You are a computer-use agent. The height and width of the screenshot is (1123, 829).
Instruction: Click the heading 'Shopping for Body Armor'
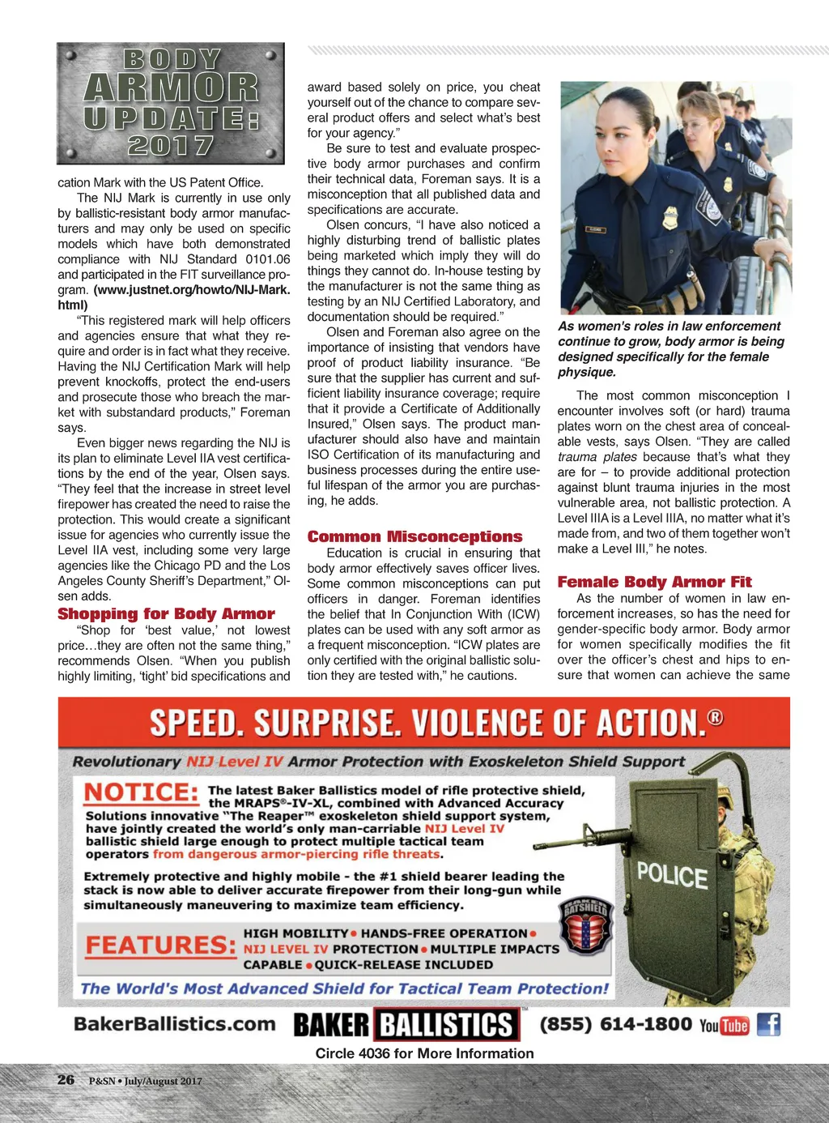point(166,614)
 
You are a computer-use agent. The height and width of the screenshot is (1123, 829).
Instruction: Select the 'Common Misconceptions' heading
point(414,536)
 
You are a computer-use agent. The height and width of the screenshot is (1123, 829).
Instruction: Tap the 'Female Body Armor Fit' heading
point(654,582)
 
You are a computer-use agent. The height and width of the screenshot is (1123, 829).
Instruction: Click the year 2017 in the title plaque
point(171,146)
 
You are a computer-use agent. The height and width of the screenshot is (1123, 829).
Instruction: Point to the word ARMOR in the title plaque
point(171,88)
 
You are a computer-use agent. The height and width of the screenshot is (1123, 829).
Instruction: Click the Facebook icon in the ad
point(768,1024)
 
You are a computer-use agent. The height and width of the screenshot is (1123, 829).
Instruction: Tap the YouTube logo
point(725,1026)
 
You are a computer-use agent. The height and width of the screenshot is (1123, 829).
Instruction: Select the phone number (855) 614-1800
point(615,1024)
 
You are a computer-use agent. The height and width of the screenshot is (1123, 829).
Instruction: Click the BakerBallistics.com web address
point(175,1024)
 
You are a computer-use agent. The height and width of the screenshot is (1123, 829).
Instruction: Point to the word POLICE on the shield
point(672,876)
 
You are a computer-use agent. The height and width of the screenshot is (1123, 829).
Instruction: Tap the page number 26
point(66,1080)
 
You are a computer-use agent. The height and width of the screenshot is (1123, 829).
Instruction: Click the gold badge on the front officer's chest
point(670,217)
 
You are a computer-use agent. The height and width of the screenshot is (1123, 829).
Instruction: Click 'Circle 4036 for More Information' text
point(424,1053)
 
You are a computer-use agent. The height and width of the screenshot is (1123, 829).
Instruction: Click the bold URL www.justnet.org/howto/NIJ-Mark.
point(191,289)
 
